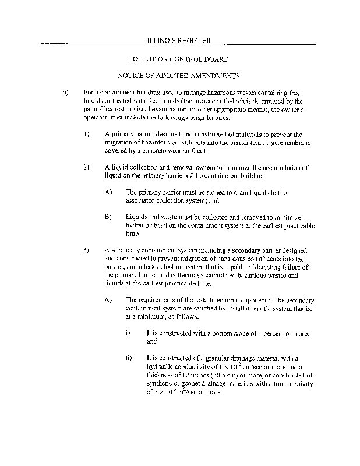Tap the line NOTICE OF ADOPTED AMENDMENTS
pyautogui.click(x=179, y=76)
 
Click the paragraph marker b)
pyautogui.click(x=65, y=93)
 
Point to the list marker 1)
pyautogui.click(x=86, y=134)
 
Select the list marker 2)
pyautogui.click(x=86, y=167)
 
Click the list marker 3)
pyautogui.click(x=86, y=250)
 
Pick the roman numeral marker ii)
pyautogui.click(x=129, y=357)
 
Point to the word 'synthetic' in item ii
pyautogui.click(x=161, y=384)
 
